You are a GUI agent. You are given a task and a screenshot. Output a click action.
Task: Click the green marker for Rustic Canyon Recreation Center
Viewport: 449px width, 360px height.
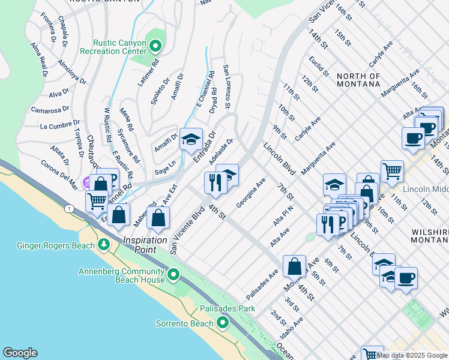click(x=156, y=45)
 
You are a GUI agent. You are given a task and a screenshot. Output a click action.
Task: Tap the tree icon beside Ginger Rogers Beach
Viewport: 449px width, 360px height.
click(x=104, y=245)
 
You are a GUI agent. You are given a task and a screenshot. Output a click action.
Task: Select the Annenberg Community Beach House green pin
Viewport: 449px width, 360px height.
click(x=174, y=275)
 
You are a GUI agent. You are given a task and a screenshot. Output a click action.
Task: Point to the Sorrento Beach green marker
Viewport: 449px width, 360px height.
click(x=223, y=323)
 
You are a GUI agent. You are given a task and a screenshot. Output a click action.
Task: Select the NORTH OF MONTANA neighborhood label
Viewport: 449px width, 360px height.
click(x=358, y=80)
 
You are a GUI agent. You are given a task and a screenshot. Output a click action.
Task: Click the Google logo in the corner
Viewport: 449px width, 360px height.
click(x=20, y=353)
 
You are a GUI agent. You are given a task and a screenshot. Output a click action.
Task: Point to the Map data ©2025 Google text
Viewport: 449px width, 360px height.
click(x=412, y=355)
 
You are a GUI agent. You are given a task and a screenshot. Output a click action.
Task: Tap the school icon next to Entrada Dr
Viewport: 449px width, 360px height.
click(x=191, y=139)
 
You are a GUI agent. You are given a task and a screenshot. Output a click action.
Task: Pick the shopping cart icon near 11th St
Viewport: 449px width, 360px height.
click(x=392, y=170)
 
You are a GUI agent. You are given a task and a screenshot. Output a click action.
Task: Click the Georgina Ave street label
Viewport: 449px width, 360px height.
click(x=251, y=193)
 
